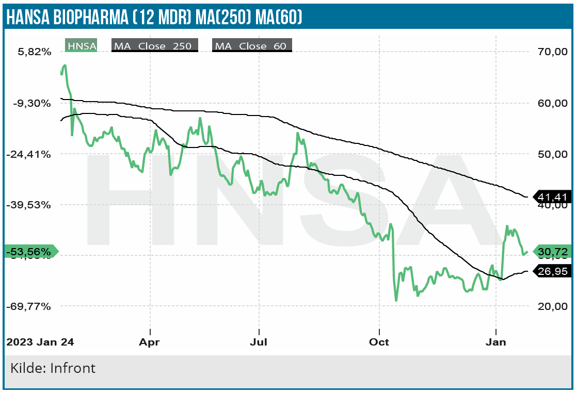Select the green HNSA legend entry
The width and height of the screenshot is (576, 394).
click(x=82, y=46)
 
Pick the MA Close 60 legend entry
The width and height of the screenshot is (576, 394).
click(x=252, y=46)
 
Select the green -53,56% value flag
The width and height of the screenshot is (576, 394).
click(x=30, y=252)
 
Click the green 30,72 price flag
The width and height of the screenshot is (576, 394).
click(x=552, y=252)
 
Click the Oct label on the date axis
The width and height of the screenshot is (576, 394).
click(x=379, y=342)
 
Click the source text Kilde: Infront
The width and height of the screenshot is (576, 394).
click(x=53, y=369)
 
